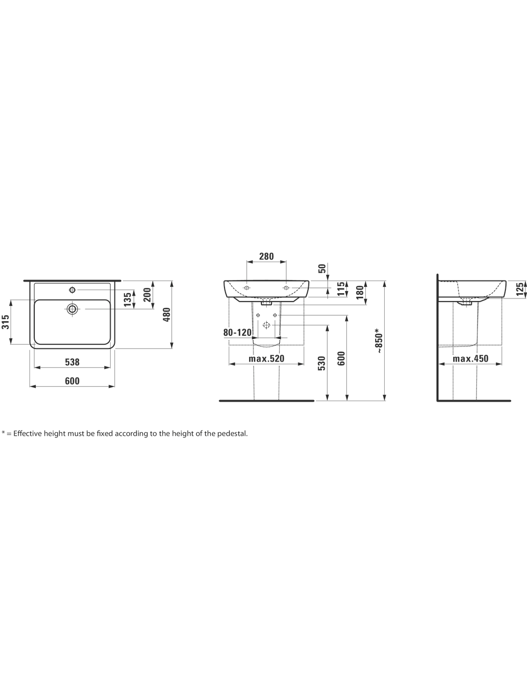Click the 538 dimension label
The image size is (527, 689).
(x=72, y=362)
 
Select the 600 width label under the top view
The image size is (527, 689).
(x=72, y=381)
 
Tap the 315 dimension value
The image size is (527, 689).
(x=5, y=322)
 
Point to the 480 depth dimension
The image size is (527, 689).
(x=167, y=315)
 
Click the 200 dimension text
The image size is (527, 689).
(x=148, y=294)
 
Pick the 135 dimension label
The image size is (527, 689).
(x=128, y=300)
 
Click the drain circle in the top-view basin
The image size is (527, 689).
(x=72, y=309)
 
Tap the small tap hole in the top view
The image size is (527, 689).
(x=72, y=289)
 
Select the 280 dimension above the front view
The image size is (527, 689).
(x=267, y=256)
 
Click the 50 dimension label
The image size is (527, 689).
(x=322, y=268)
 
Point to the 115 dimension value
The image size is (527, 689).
(x=341, y=289)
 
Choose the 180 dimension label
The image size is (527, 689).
(x=360, y=292)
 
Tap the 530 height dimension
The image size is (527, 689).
(x=321, y=363)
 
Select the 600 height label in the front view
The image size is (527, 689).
(x=341, y=358)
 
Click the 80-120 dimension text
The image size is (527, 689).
(x=238, y=333)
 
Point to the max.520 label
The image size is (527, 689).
(x=267, y=358)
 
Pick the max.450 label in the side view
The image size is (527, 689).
(x=471, y=358)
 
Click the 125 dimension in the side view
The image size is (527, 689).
(x=520, y=289)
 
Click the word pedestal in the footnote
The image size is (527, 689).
(x=232, y=434)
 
